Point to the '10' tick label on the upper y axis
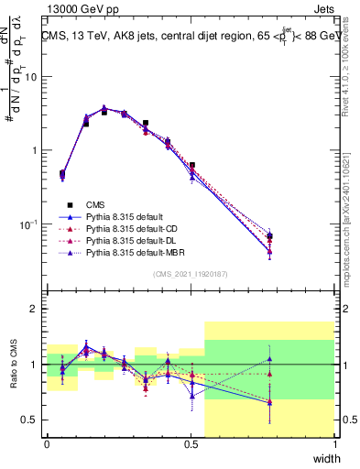coord(31,77)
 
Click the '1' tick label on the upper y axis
coord(34,150)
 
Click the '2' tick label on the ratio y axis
coord(34,309)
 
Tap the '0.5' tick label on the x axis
coord(191,446)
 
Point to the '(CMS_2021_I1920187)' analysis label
coord(191,273)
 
